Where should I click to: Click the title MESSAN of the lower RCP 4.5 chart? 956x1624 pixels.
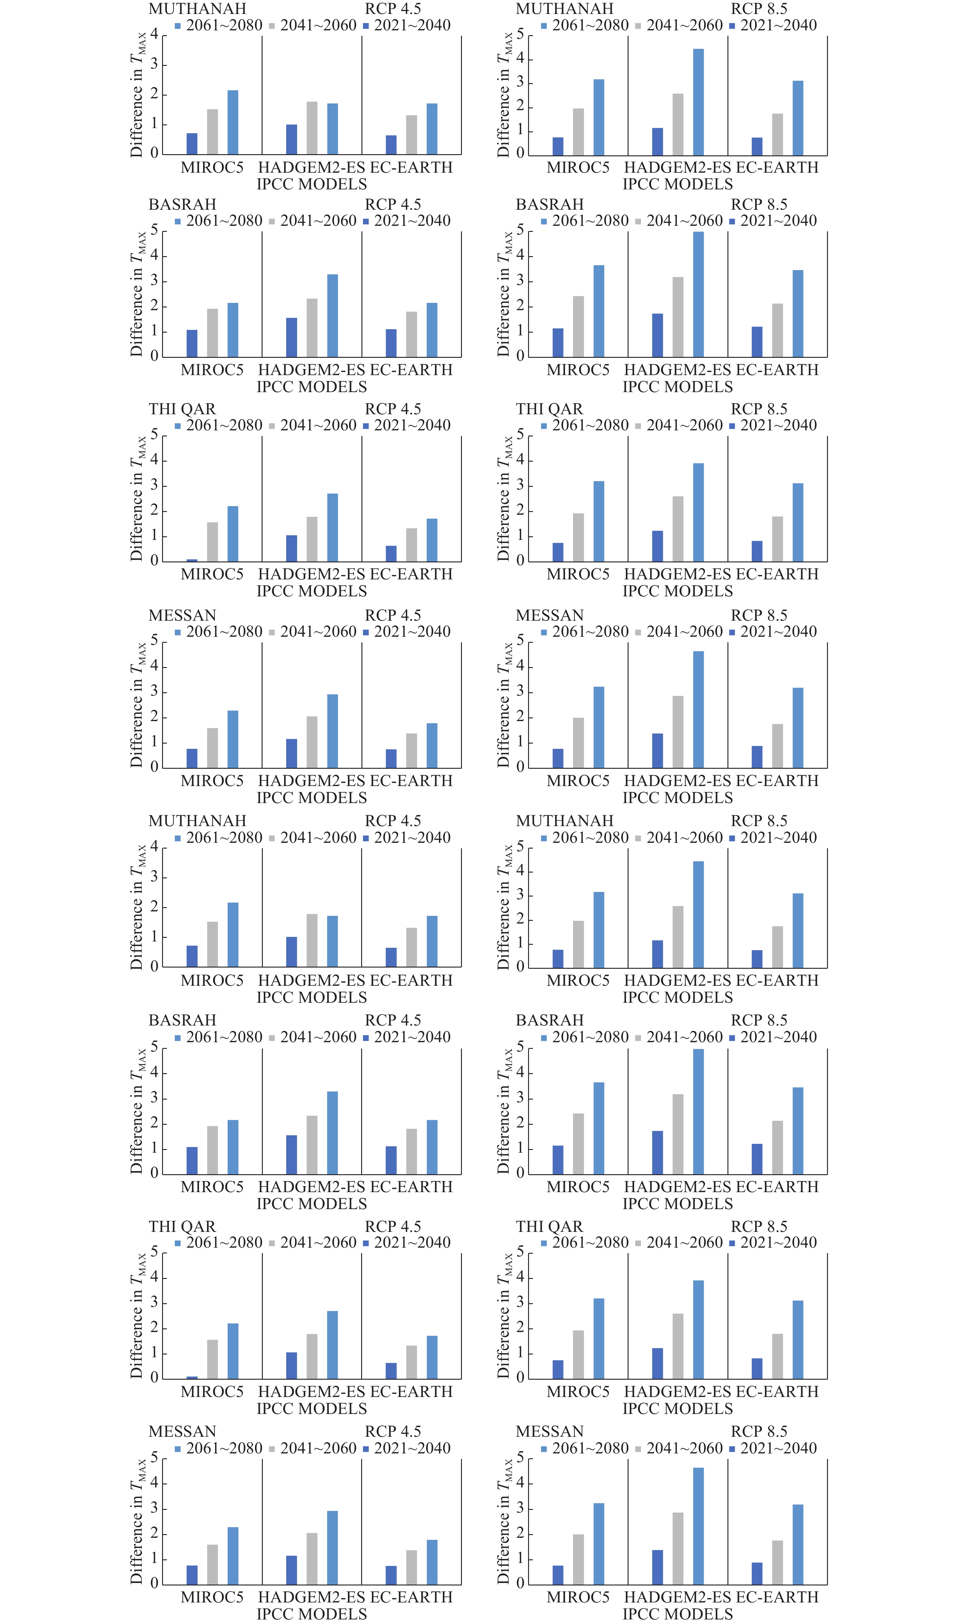pyautogui.click(x=182, y=1431)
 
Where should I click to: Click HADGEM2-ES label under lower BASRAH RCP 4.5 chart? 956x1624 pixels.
pyautogui.click(x=311, y=1186)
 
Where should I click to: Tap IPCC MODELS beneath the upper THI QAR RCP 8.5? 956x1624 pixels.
pyautogui.click(x=677, y=591)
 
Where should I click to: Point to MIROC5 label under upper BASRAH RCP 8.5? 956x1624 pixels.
pyautogui.click(x=578, y=370)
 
